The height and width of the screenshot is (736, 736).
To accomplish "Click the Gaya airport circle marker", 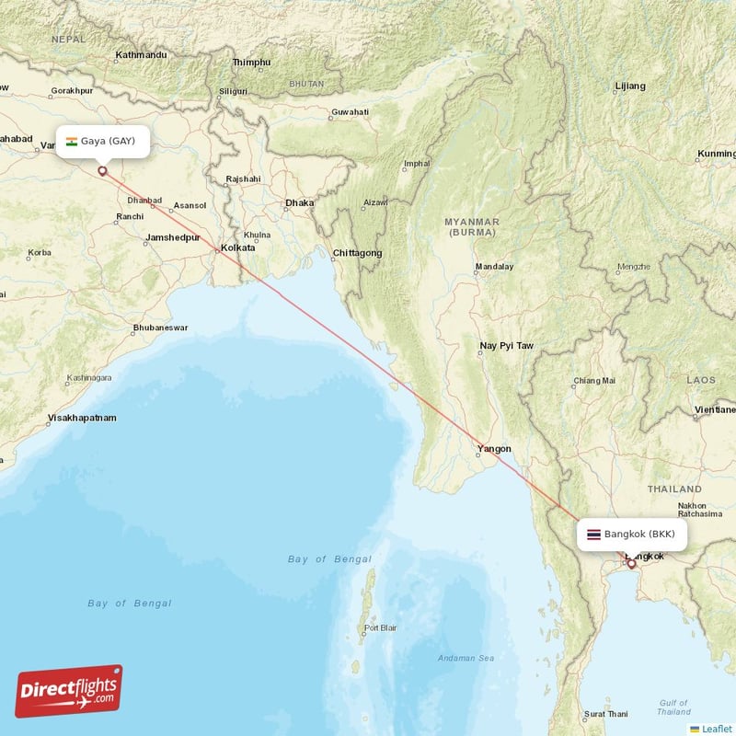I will [102, 170].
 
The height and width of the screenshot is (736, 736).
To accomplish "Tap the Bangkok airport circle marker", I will [631, 563].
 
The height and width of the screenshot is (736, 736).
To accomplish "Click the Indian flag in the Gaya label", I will [71, 141].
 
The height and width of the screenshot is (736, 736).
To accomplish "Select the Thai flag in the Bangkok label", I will [593, 534].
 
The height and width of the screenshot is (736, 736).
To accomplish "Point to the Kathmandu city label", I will [140, 55].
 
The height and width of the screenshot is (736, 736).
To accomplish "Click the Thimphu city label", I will [251, 63].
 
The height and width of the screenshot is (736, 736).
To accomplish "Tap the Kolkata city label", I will [237, 248].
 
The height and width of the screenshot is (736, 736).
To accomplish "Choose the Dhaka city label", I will [299, 202].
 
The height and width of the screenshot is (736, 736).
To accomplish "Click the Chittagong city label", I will [357, 253].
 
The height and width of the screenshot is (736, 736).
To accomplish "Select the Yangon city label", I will [493, 450].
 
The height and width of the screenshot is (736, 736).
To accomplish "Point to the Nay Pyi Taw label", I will [506, 346].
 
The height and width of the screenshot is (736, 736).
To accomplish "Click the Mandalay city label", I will [494, 267].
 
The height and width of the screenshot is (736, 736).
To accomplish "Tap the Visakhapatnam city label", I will [82, 418].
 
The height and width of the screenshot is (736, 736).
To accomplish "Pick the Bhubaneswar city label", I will [160, 328].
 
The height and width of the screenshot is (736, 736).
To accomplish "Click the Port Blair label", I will [381, 629].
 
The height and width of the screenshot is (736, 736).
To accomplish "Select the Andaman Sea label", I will [466, 658].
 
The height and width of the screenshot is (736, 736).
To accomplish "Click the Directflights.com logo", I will [69, 691].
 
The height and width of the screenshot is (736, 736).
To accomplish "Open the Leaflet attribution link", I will [716, 729].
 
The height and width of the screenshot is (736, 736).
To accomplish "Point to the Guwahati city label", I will [350, 112].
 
